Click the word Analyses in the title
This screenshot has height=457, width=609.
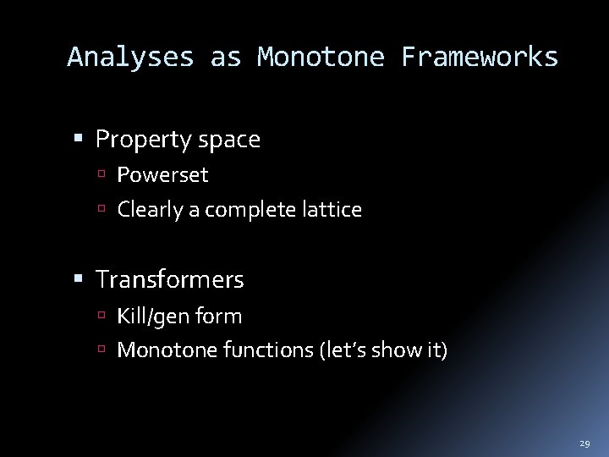130,57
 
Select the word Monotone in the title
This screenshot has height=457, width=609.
321,57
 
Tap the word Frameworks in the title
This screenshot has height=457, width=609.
480,57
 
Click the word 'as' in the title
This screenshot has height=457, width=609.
226,57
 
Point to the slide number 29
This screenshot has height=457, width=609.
584,443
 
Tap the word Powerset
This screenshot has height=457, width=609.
162,175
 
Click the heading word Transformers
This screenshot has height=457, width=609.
170,278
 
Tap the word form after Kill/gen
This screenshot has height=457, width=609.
217,317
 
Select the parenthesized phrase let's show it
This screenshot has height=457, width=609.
384,349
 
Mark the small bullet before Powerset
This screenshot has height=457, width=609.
107,176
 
